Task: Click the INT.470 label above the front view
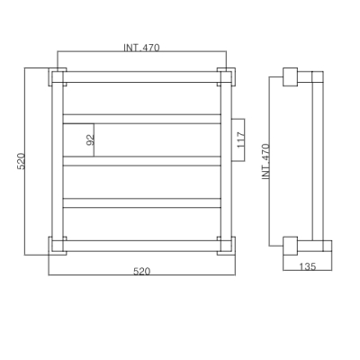[x=141, y=48]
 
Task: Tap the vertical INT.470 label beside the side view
[x=266, y=162]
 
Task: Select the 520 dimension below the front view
[x=141, y=272]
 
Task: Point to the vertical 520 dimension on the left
[x=21, y=161]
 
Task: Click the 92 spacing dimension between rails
[x=91, y=139]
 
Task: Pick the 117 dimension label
[x=241, y=140]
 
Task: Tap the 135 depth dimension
[x=308, y=266]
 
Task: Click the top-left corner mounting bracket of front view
[x=58, y=77]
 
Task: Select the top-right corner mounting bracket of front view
[x=226, y=77]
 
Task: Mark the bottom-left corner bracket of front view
[x=58, y=246]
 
